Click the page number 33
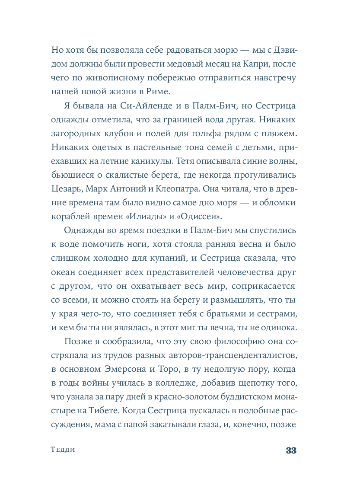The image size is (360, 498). click(290, 450)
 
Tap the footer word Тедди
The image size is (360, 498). click(63, 450)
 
